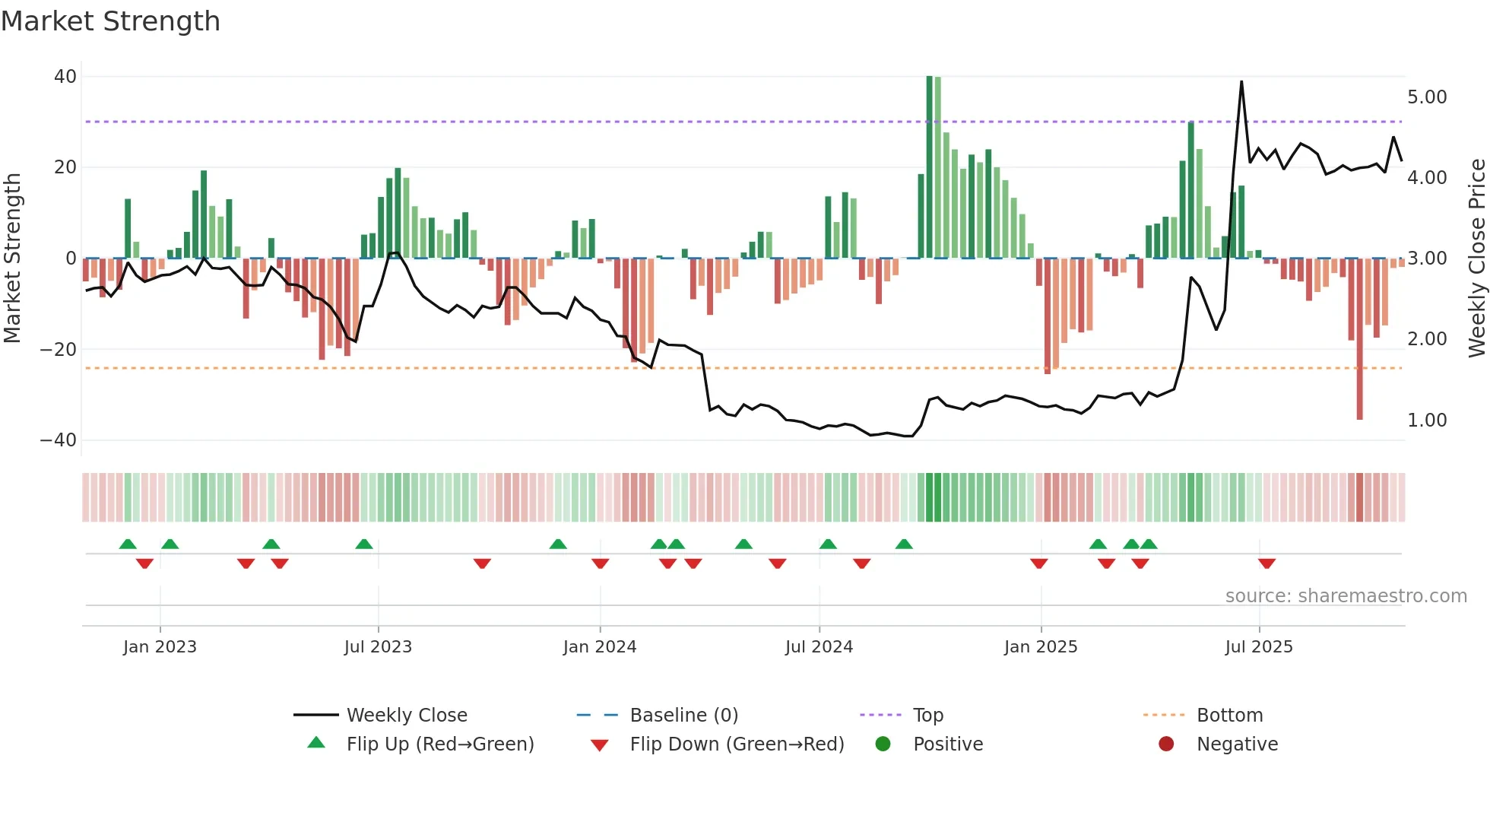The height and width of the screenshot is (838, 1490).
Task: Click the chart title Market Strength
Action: (x=110, y=21)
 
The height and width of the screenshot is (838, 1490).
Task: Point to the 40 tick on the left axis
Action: (x=65, y=76)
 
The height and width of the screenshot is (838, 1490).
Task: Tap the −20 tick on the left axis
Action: (x=59, y=349)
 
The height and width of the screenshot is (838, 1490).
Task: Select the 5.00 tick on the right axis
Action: (x=1427, y=97)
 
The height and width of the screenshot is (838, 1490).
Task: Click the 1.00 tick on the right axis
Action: (x=1427, y=420)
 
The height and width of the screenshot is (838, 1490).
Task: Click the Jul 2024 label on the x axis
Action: (x=819, y=646)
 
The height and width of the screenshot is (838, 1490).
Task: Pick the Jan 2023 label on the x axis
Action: (x=160, y=646)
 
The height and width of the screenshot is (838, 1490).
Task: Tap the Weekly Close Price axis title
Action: (x=1476, y=258)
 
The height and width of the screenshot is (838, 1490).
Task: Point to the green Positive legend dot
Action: (x=883, y=744)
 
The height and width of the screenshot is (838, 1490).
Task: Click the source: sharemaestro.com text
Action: (x=1346, y=595)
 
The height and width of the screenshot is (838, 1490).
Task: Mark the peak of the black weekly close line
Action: (x=1241, y=82)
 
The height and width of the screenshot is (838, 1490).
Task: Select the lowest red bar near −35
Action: (x=1359, y=417)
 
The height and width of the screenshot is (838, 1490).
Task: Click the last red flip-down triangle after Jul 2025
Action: (x=1266, y=563)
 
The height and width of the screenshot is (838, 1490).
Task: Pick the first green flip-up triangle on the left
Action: (x=128, y=544)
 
